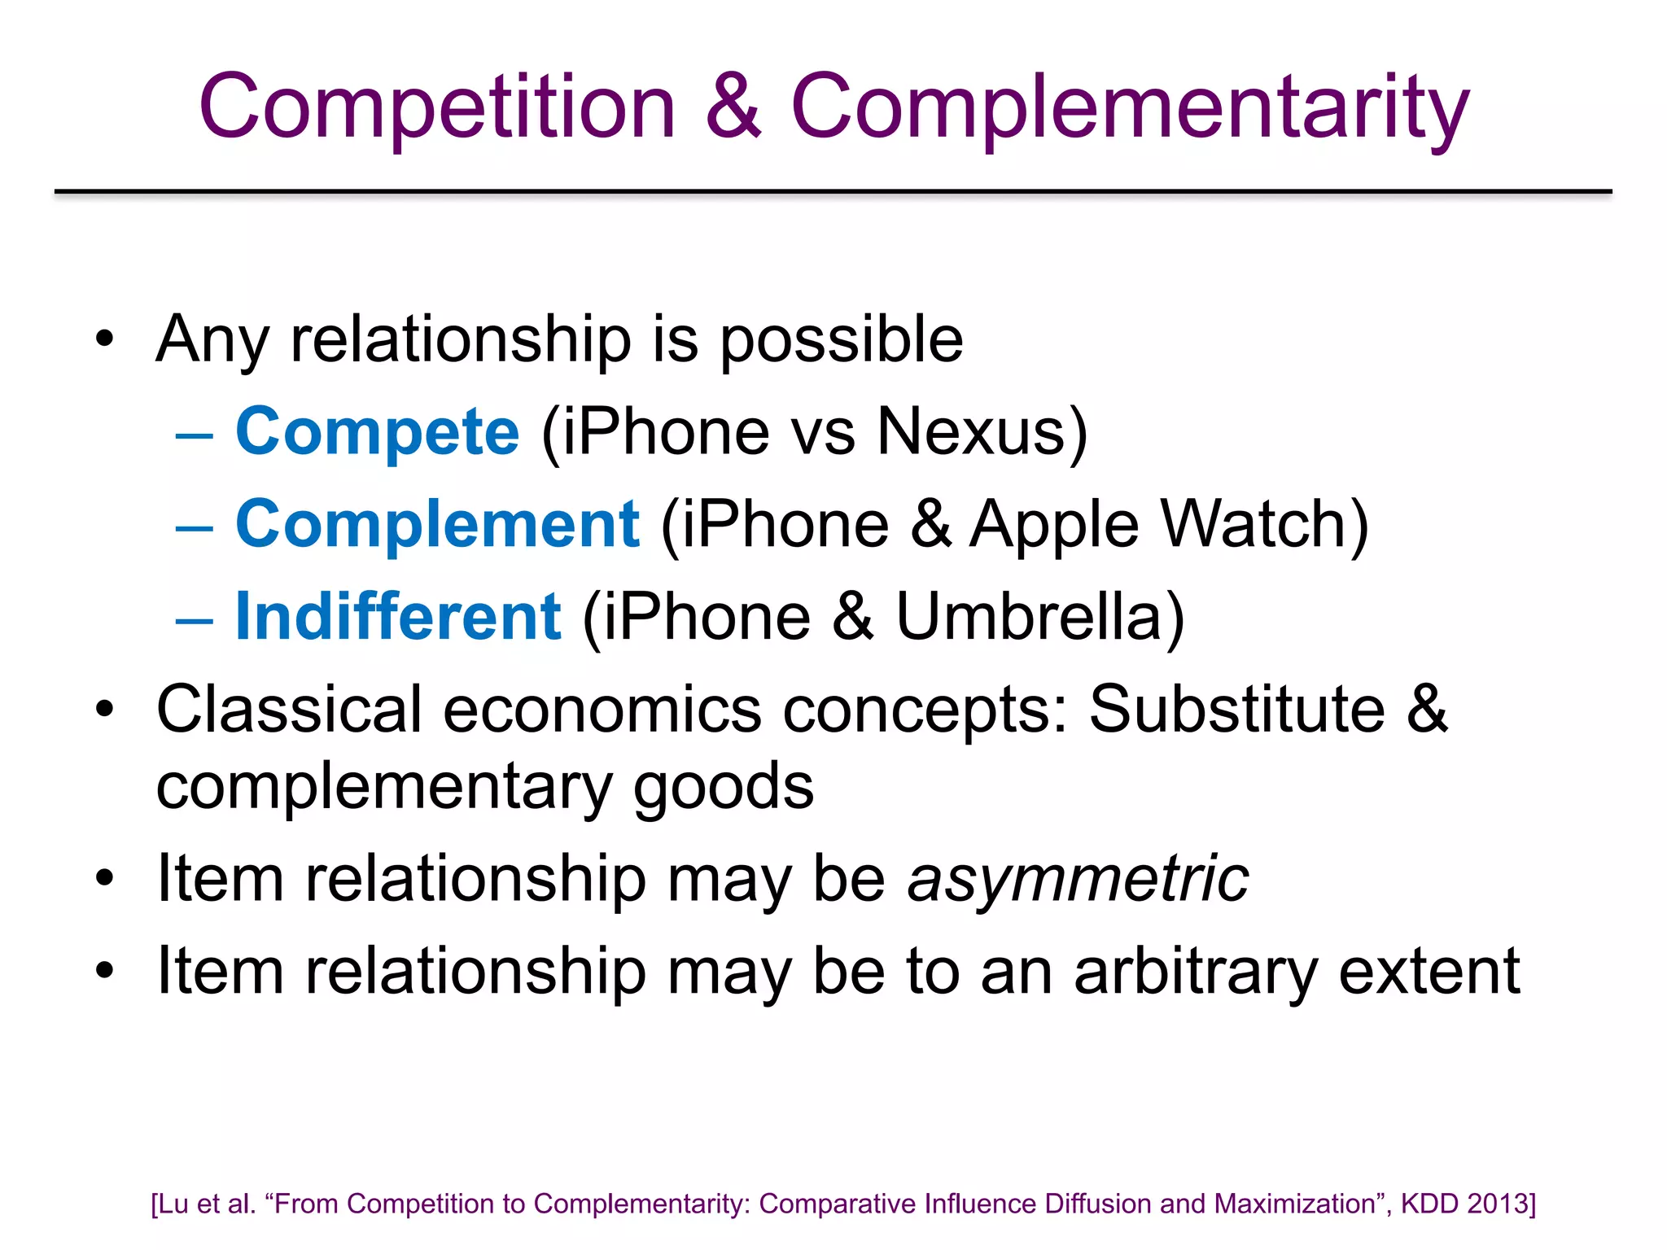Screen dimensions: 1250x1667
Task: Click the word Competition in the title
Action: (x=437, y=107)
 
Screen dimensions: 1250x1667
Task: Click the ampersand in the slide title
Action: (x=733, y=106)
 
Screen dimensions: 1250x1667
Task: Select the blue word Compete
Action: (x=377, y=432)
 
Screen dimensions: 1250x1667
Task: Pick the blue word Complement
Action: (x=437, y=525)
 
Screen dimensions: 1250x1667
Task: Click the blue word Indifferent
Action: (x=398, y=617)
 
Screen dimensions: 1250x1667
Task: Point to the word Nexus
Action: (x=971, y=432)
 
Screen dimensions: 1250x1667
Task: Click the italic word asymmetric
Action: (x=1078, y=881)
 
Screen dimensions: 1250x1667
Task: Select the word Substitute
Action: (x=1236, y=710)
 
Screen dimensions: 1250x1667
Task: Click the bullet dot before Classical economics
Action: (x=104, y=710)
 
